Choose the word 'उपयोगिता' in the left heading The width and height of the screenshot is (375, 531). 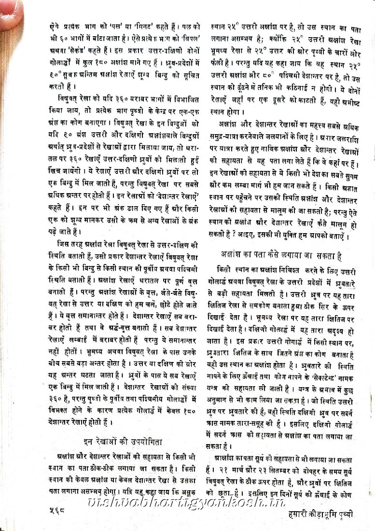[x=149, y=441]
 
